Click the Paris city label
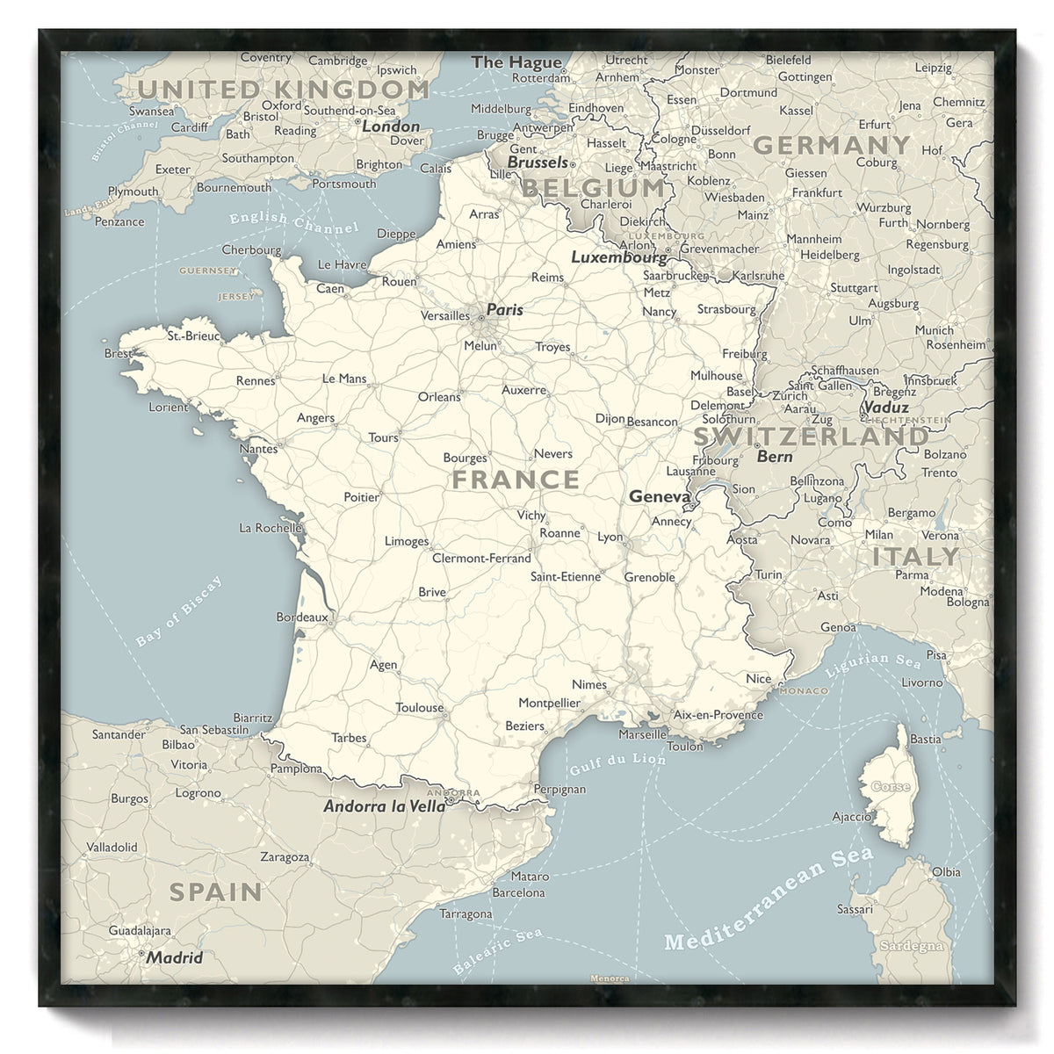pyautogui.click(x=505, y=309)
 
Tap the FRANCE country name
pyautogui.click(x=516, y=480)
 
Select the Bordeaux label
pyautogui.click(x=301, y=617)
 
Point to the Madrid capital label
pyautogui.click(x=175, y=957)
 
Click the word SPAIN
pyautogui.click(x=215, y=892)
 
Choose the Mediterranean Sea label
pyautogui.click(x=769, y=899)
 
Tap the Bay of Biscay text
pyautogui.click(x=179, y=612)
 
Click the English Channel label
pyautogui.click(x=293, y=222)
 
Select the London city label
pyautogui.click(x=391, y=126)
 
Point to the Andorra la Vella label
pyautogui.click(x=385, y=806)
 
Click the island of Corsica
pyautogui.click(x=890, y=786)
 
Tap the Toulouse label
pyautogui.click(x=419, y=708)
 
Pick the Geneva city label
pyautogui.click(x=660, y=497)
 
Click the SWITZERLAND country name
pyautogui.click(x=811, y=437)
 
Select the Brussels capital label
pyautogui.click(x=538, y=162)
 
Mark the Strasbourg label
pyautogui.click(x=726, y=309)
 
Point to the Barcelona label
pyautogui.click(x=518, y=893)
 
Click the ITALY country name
pyautogui.click(x=915, y=557)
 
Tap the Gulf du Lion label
pyautogui.click(x=617, y=762)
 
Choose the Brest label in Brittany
pyautogui.click(x=118, y=353)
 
